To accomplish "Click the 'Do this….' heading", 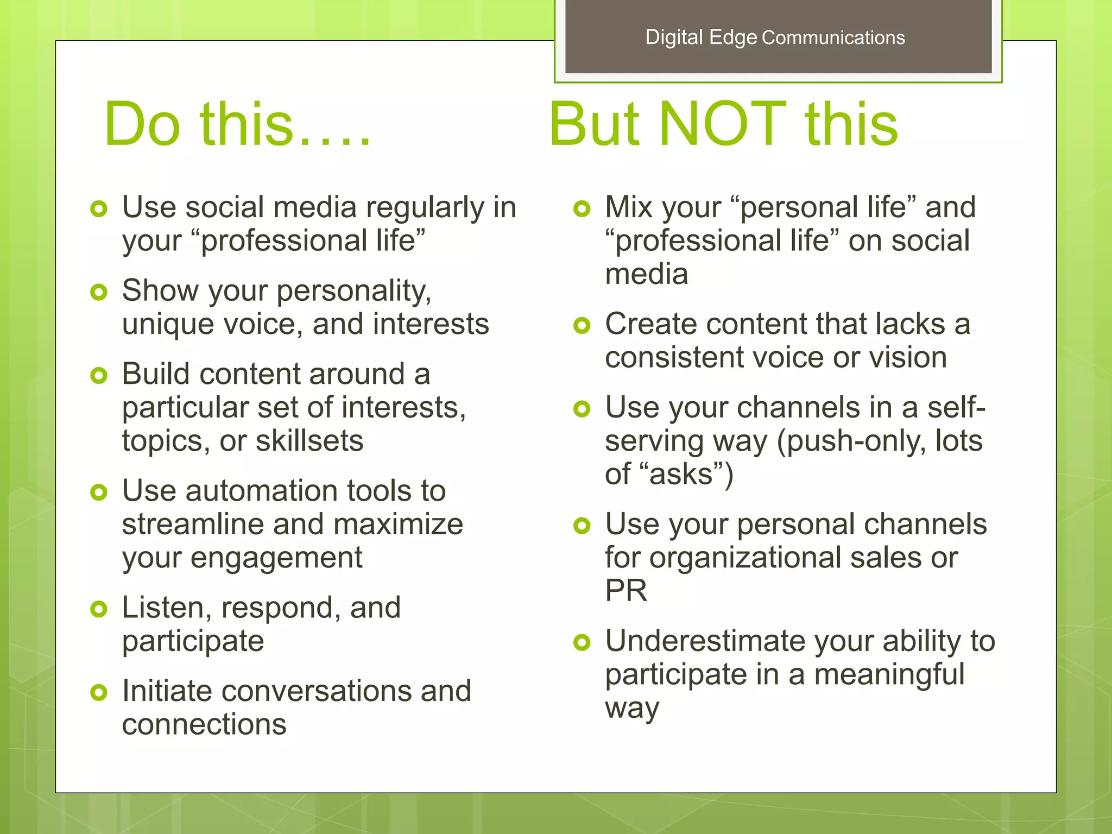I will pyautogui.click(x=238, y=125).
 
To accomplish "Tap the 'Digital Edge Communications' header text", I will pyautogui.click(x=775, y=37).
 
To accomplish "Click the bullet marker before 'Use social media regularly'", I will pyautogui.click(x=99, y=209).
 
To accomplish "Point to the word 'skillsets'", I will pyautogui.click(x=309, y=441).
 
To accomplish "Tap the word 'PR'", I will pyautogui.click(x=626, y=591).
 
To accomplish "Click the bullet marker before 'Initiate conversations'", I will pyautogui.click(x=99, y=692).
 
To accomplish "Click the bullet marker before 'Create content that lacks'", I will pyautogui.click(x=582, y=326).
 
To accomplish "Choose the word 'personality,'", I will pyautogui.click(x=354, y=292).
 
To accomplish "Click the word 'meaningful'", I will pyautogui.click(x=889, y=675).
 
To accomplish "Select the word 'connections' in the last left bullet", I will pyautogui.click(x=204, y=725).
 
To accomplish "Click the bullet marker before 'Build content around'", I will pyautogui.click(x=99, y=376).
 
